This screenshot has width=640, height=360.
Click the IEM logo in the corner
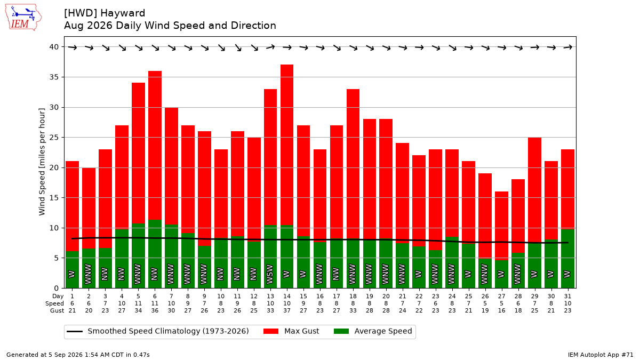tap(23, 18)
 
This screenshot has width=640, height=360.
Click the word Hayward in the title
tap(123, 13)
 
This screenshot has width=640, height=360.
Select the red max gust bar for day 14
tap(287, 145)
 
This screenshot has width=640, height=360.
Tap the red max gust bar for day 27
tap(501, 226)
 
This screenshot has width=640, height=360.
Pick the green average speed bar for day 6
tap(155, 254)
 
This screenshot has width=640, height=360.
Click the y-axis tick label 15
tap(54, 198)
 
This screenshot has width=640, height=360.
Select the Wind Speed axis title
tap(42, 162)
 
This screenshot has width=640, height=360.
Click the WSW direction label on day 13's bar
tap(270, 275)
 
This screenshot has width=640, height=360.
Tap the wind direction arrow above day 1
tap(73, 47)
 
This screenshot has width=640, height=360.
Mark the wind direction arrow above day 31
tap(567, 47)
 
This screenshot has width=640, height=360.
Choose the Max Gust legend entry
tap(291, 331)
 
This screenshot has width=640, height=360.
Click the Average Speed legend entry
tap(373, 331)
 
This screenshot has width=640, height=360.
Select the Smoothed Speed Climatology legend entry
tap(158, 331)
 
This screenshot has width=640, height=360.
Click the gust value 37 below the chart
tap(287, 310)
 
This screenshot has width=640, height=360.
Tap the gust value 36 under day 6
tap(155, 310)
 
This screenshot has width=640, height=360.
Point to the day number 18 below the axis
tap(353, 297)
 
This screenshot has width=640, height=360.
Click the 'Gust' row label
tap(57, 310)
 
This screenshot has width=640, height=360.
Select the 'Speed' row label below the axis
tap(54, 303)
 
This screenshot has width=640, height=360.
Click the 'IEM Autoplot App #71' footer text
tap(601, 355)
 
